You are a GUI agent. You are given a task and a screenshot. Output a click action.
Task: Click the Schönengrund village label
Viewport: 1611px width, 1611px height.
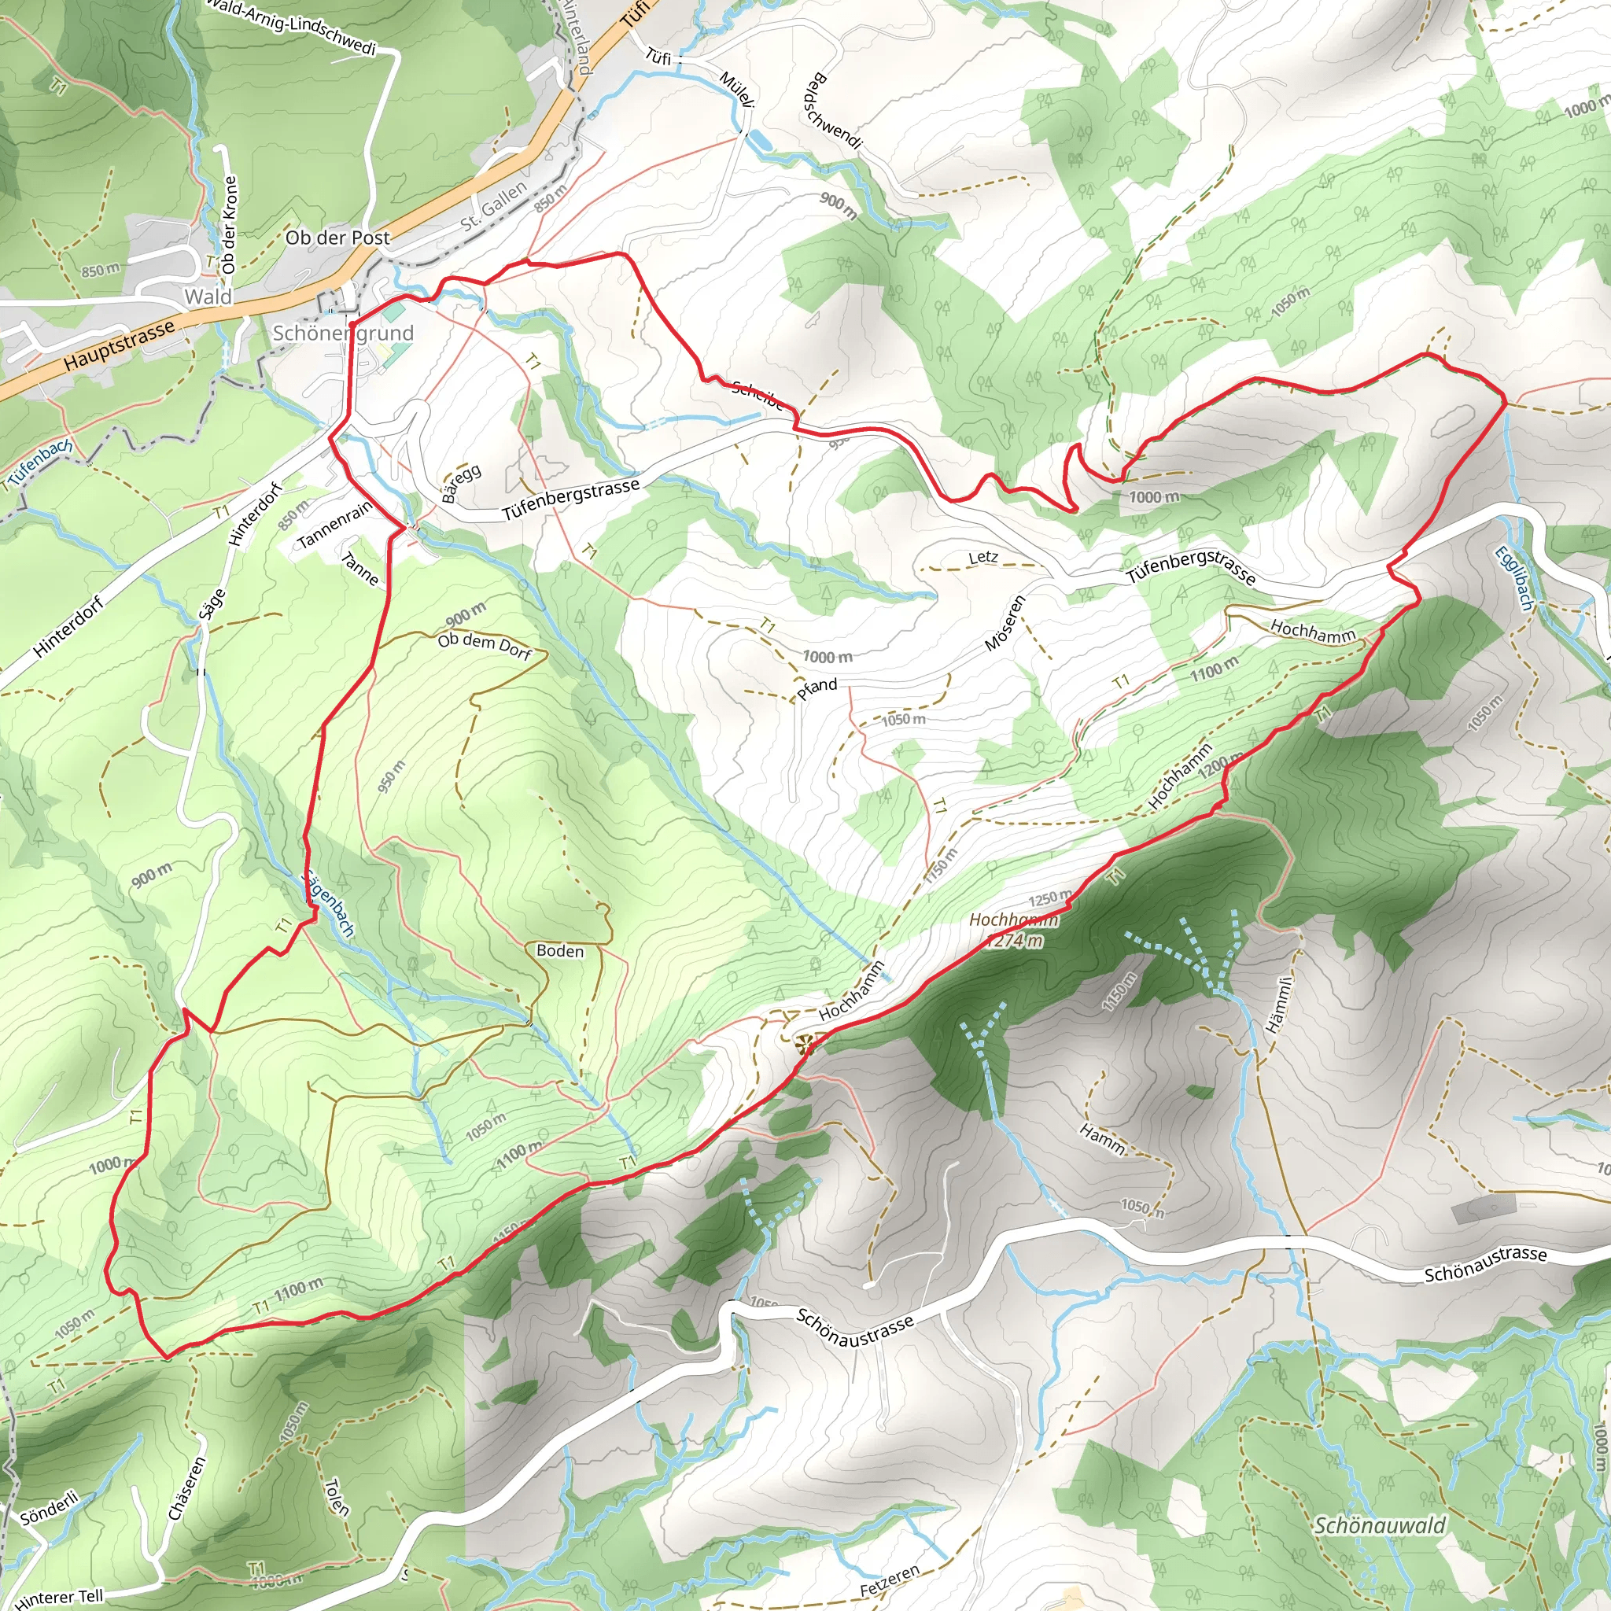point(343,333)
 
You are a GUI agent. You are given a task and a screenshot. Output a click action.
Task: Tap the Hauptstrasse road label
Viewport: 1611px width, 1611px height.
point(120,345)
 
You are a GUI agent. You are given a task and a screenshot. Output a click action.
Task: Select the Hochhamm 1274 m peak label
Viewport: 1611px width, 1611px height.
point(1013,930)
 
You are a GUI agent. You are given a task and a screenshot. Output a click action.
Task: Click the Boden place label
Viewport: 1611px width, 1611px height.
point(559,950)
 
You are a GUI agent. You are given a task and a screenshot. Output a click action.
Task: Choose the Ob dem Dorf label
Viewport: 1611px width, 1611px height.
point(485,645)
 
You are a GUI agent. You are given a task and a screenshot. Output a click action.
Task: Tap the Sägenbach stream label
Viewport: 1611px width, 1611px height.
point(328,903)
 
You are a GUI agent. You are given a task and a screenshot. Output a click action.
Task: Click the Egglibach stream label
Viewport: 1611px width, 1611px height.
point(1513,578)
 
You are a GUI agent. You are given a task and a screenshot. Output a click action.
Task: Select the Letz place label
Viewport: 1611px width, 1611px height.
point(983,557)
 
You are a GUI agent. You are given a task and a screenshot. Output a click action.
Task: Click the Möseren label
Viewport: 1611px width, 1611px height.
point(1004,623)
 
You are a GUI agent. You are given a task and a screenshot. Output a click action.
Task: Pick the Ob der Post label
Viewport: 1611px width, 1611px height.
point(337,238)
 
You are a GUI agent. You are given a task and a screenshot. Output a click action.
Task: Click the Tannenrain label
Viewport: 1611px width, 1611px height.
point(334,525)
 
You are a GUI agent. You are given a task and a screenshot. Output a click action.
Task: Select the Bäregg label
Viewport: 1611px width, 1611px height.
point(461,484)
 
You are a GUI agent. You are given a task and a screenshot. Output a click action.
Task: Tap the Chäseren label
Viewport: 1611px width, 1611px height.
point(186,1488)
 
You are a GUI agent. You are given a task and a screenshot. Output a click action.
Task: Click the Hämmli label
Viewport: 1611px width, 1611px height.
point(1279,1005)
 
